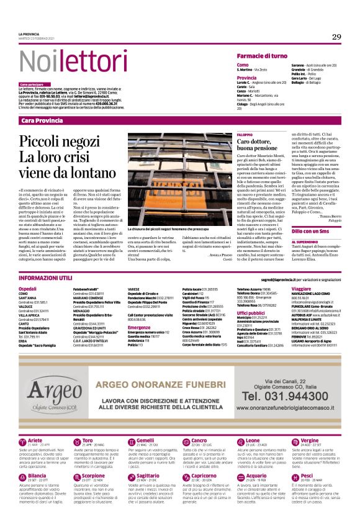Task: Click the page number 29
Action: coord(336,37)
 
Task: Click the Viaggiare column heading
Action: coord(301,289)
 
